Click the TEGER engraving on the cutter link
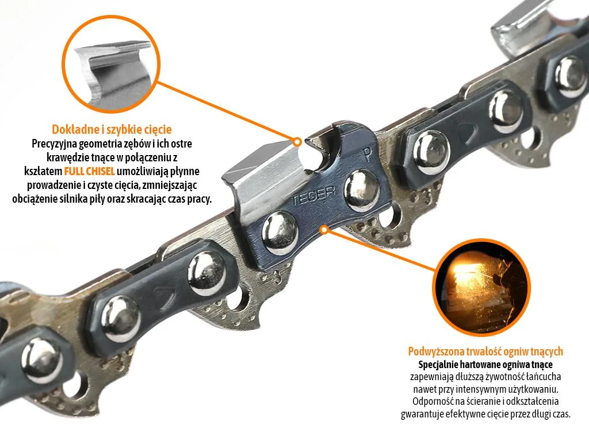(x=313, y=194)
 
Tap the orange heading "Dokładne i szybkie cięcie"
(x=112, y=129)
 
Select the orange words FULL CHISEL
(x=89, y=171)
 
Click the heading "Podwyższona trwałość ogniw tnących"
(x=485, y=351)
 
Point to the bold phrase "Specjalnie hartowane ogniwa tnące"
(x=485, y=364)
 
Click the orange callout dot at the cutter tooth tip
(x=297, y=142)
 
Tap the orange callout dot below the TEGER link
(x=324, y=230)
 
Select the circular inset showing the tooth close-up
(x=111, y=64)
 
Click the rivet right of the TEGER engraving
(x=361, y=191)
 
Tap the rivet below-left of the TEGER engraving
(x=280, y=233)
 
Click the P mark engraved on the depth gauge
(x=366, y=154)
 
